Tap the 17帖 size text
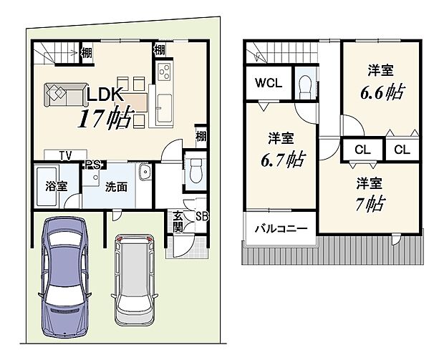[106, 118]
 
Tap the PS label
[92, 165]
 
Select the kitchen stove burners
[164, 73]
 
